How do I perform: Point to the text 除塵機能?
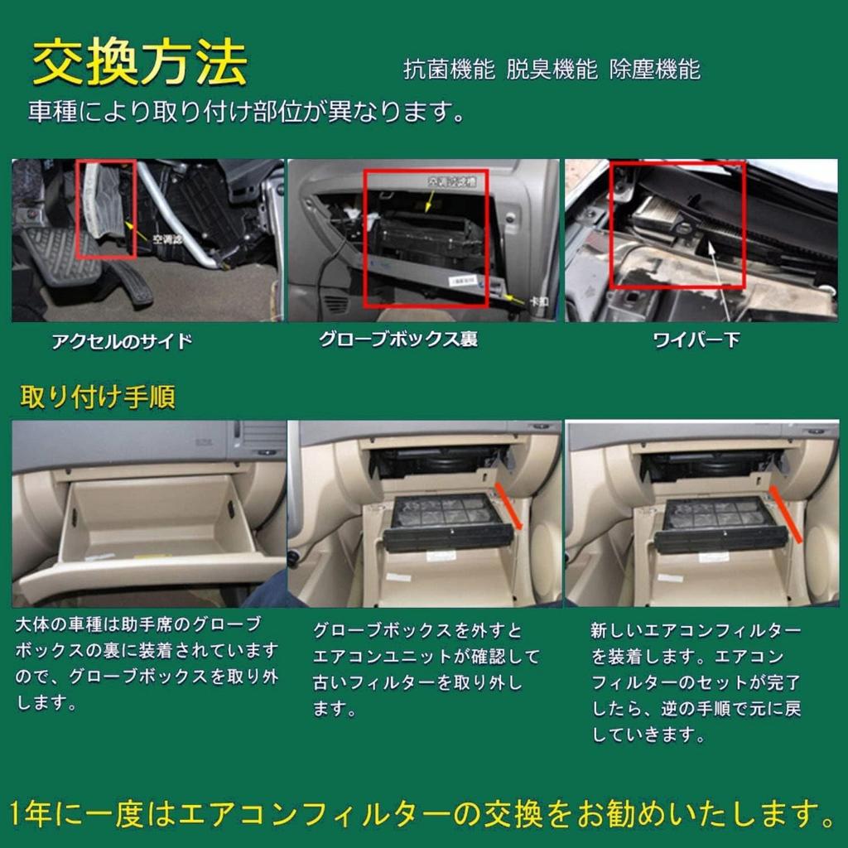click(x=654, y=70)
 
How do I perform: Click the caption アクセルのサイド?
click(x=122, y=341)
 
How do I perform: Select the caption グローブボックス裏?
click(x=398, y=340)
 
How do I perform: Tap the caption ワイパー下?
click(x=696, y=340)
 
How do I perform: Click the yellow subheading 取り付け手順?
click(x=97, y=397)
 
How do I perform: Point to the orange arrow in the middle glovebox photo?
click(x=508, y=506)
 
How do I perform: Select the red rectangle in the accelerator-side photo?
click(x=105, y=209)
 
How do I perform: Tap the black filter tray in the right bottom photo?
click(x=719, y=526)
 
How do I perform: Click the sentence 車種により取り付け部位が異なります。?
click(x=247, y=112)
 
